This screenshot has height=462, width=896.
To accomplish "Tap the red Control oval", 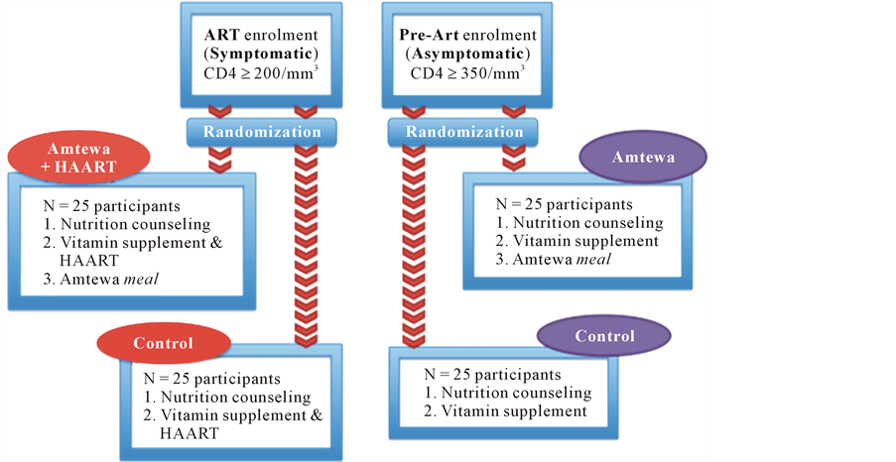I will (x=164, y=345).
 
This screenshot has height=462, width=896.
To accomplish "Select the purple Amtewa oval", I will (x=643, y=159).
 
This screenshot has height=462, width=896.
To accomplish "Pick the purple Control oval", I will (x=603, y=337).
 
